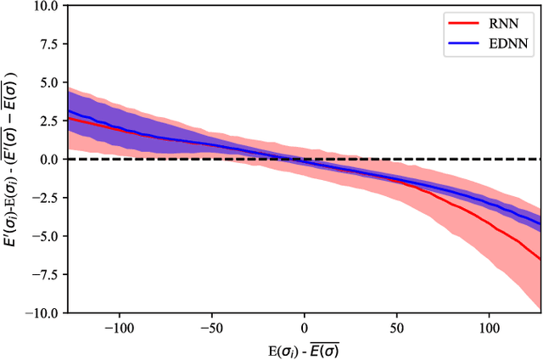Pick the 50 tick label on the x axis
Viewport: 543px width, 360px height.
click(397, 327)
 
